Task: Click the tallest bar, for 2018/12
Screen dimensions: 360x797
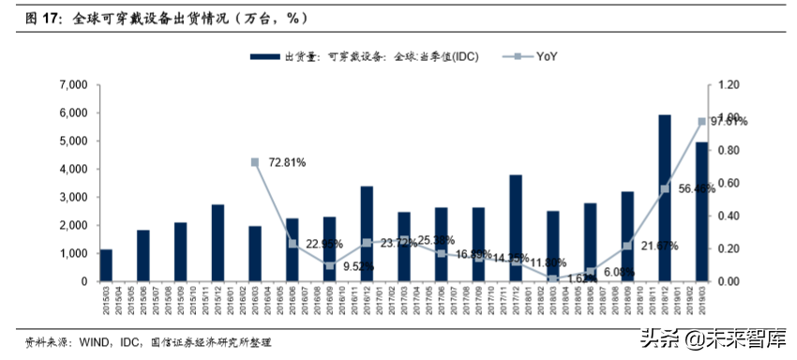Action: (x=665, y=198)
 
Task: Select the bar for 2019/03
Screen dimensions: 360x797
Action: (x=701, y=212)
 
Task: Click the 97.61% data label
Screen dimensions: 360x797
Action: (x=729, y=121)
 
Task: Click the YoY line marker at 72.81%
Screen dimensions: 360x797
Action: (x=255, y=162)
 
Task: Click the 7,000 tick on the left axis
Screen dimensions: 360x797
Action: (x=72, y=85)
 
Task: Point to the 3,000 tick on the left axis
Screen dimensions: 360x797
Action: (x=72, y=198)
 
